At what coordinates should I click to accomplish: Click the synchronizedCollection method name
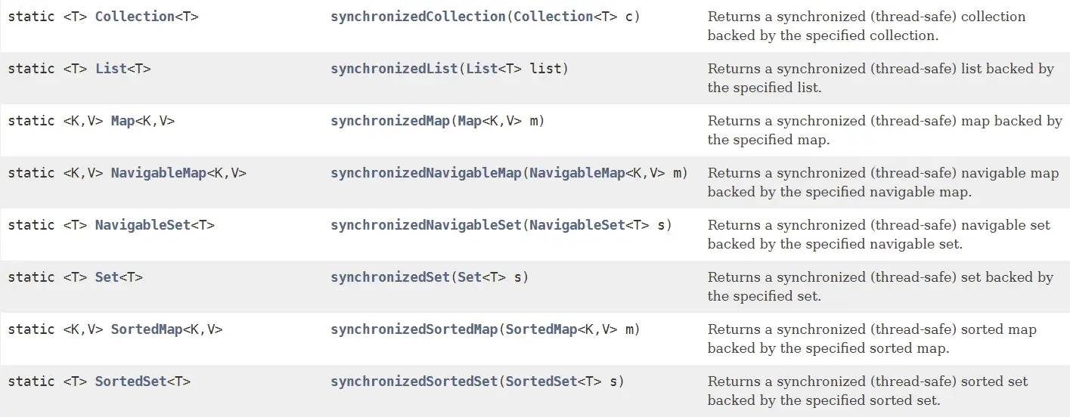point(417,16)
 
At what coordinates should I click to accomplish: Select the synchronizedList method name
point(394,68)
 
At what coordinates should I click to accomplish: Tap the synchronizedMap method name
point(390,121)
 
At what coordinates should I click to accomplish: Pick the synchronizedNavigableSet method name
point(426,225)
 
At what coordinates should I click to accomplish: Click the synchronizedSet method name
point(390,277)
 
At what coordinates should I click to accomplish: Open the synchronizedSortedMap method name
point(414,329)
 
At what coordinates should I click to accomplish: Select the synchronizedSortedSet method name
point(414,381)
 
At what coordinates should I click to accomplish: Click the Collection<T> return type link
point(134,16)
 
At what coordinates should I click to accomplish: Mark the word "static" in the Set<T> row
point(31,277)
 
